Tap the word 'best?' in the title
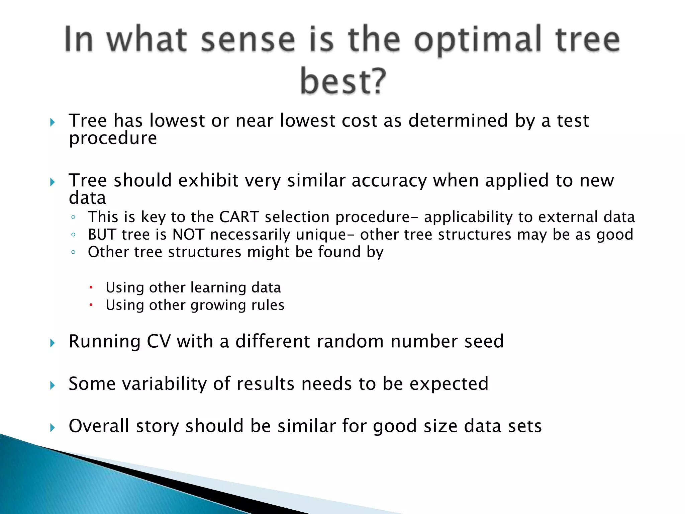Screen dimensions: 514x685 click(343, 81)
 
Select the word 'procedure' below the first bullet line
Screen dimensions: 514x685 click(113, 138)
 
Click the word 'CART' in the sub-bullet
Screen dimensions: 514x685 click(239, 217)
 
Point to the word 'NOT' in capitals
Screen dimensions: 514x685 click(188, 234)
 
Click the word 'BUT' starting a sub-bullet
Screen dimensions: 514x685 click(102, 234)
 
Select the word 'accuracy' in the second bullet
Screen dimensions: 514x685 click(389, 181)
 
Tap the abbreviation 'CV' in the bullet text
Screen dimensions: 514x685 click(159, 342)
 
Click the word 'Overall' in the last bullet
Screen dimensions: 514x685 click(99, 426)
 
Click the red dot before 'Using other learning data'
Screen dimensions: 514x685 click(91, 287)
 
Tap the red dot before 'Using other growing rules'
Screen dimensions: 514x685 click(91, 305)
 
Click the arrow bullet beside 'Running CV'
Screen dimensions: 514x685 click(52, 343)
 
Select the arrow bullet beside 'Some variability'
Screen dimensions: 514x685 click(52, 385)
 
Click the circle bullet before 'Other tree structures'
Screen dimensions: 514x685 click(73, 252)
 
